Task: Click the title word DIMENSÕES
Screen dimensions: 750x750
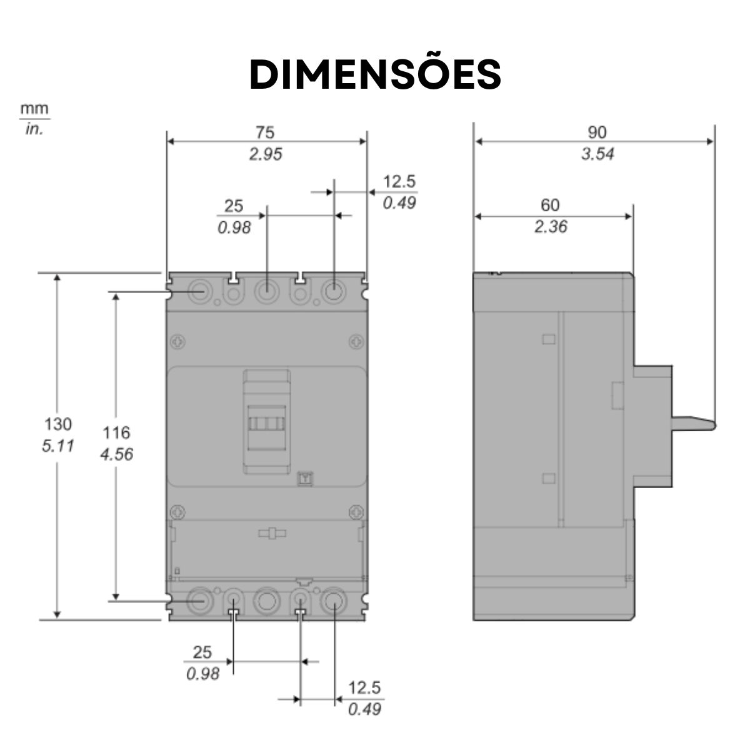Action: coord(375,75)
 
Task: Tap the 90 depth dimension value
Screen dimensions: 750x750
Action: coord(597,132)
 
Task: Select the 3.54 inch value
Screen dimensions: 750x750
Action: coord(597,154)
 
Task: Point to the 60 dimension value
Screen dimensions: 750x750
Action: coord(550,205)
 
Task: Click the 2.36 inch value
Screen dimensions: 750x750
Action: coord(550,226)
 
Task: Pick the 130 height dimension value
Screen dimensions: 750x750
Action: coord(57,424)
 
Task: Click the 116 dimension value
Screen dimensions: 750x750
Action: coord(117,432)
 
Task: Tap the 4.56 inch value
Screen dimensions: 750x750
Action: coord(117,454)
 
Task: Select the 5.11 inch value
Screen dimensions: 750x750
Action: coord(57,446)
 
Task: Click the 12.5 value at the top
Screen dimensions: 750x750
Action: coord(399,182)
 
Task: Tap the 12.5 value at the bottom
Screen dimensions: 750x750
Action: coord(364,688)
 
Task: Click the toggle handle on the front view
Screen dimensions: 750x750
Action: coord(267,422)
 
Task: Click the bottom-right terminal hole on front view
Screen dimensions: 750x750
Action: coord(333,601)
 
